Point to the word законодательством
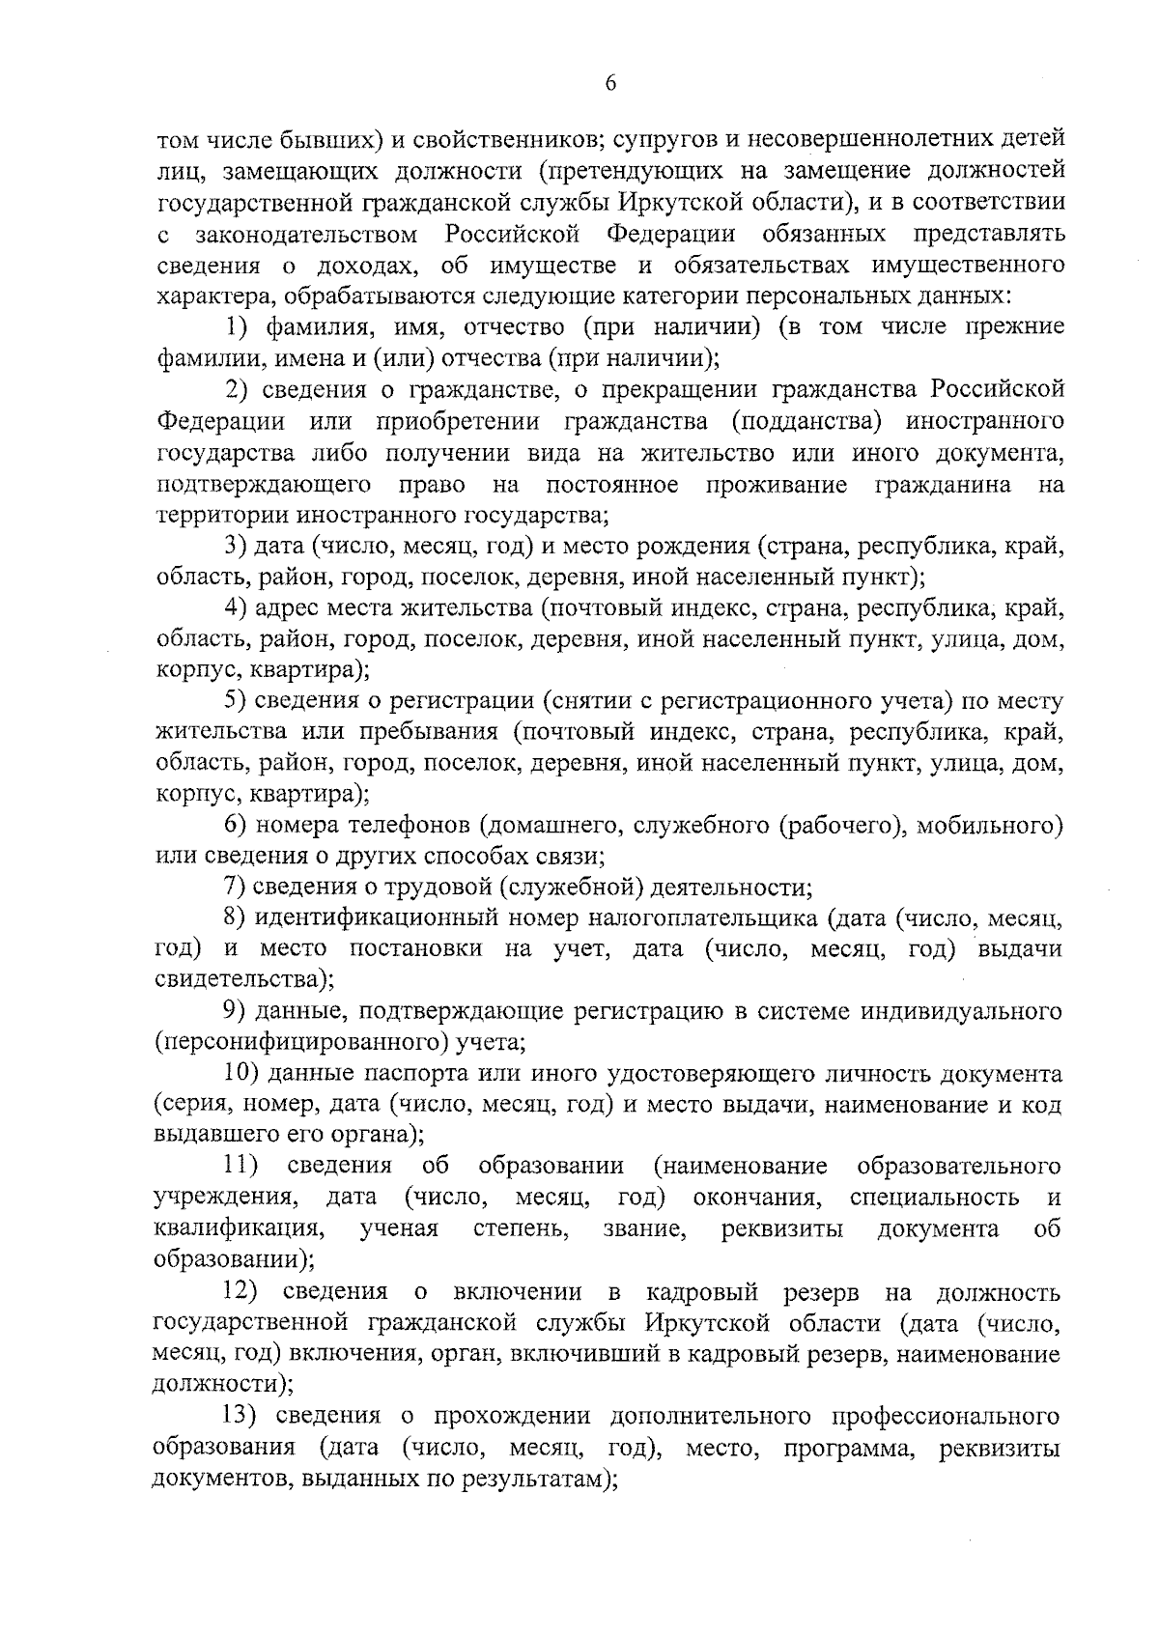tap(307, 234)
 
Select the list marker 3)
tap(237, 547)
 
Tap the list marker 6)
tap(237, 826)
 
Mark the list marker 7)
tap(237, 888)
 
